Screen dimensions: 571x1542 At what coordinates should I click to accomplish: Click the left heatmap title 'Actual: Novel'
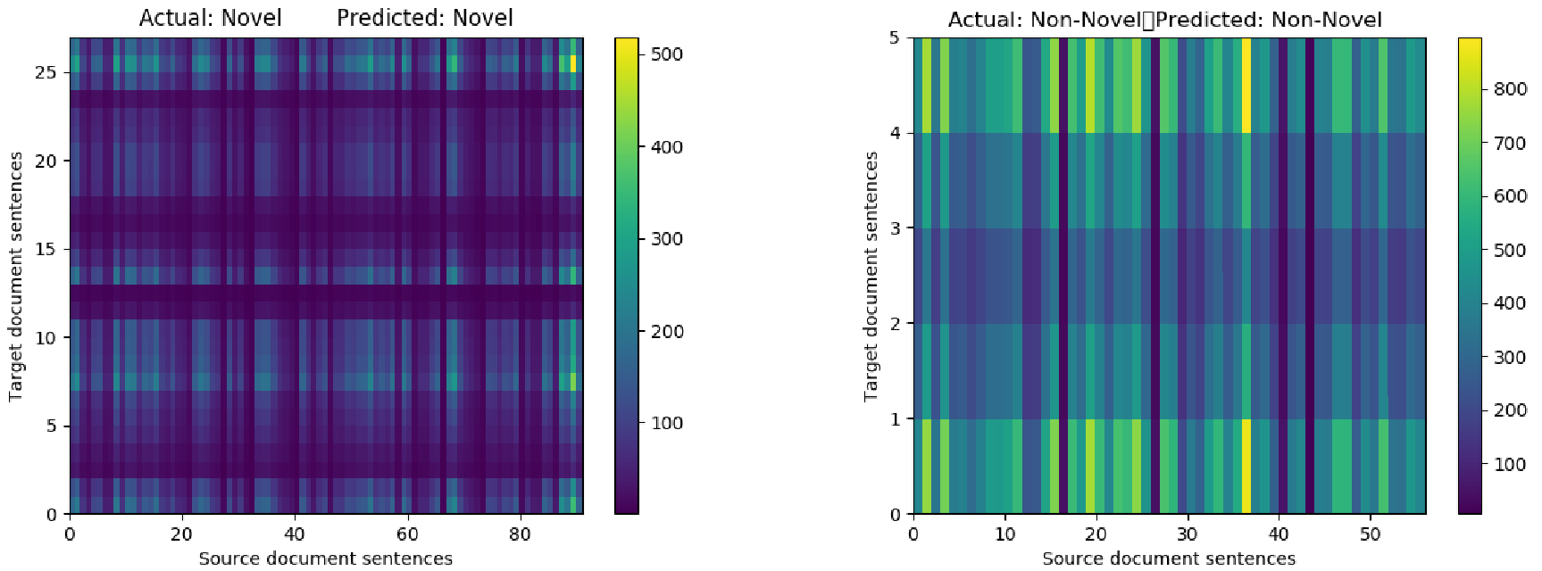[x=211, y=18]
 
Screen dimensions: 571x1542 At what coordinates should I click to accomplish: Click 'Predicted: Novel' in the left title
[x=425, y=18]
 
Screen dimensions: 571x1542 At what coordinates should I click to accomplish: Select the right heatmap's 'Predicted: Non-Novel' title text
[x=1269, y=20]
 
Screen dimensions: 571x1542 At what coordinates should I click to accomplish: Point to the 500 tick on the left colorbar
[x=666, y=54]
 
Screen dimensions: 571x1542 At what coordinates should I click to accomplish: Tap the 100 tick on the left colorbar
[x=666, y=423]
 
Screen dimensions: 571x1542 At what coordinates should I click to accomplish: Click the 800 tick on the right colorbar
[x=1510, y=89]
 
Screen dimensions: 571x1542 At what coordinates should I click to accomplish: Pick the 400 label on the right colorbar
[x=1510, y=303]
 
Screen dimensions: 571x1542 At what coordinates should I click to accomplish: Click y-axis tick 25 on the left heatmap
[x=46, y=72]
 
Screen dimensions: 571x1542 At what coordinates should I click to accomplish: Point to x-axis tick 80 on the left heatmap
[x=520, y=534]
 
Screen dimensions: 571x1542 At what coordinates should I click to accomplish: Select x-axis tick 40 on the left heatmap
[x=295, y=534]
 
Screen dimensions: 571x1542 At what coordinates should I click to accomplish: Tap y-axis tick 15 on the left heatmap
[x=46, y=249]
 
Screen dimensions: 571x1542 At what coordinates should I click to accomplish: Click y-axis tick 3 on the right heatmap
[x=895, y=228]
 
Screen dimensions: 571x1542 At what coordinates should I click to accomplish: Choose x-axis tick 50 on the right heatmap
[x=1371, y=534]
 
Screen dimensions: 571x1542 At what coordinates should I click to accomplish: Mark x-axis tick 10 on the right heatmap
[x=1005, y=534]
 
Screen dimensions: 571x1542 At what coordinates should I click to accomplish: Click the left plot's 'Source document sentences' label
[x=325, y=559]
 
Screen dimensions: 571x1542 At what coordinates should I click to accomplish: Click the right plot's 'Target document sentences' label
[x=871, y=276]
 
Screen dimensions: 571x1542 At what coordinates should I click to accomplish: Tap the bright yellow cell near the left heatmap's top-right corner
[x=573, y=63]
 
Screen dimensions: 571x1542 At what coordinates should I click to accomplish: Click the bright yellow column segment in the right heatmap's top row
[x=1246, y=85]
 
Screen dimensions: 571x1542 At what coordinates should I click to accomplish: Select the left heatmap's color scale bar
[x=627, y=276]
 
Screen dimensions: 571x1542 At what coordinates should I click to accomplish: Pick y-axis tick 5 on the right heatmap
[x=895, y=37]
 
